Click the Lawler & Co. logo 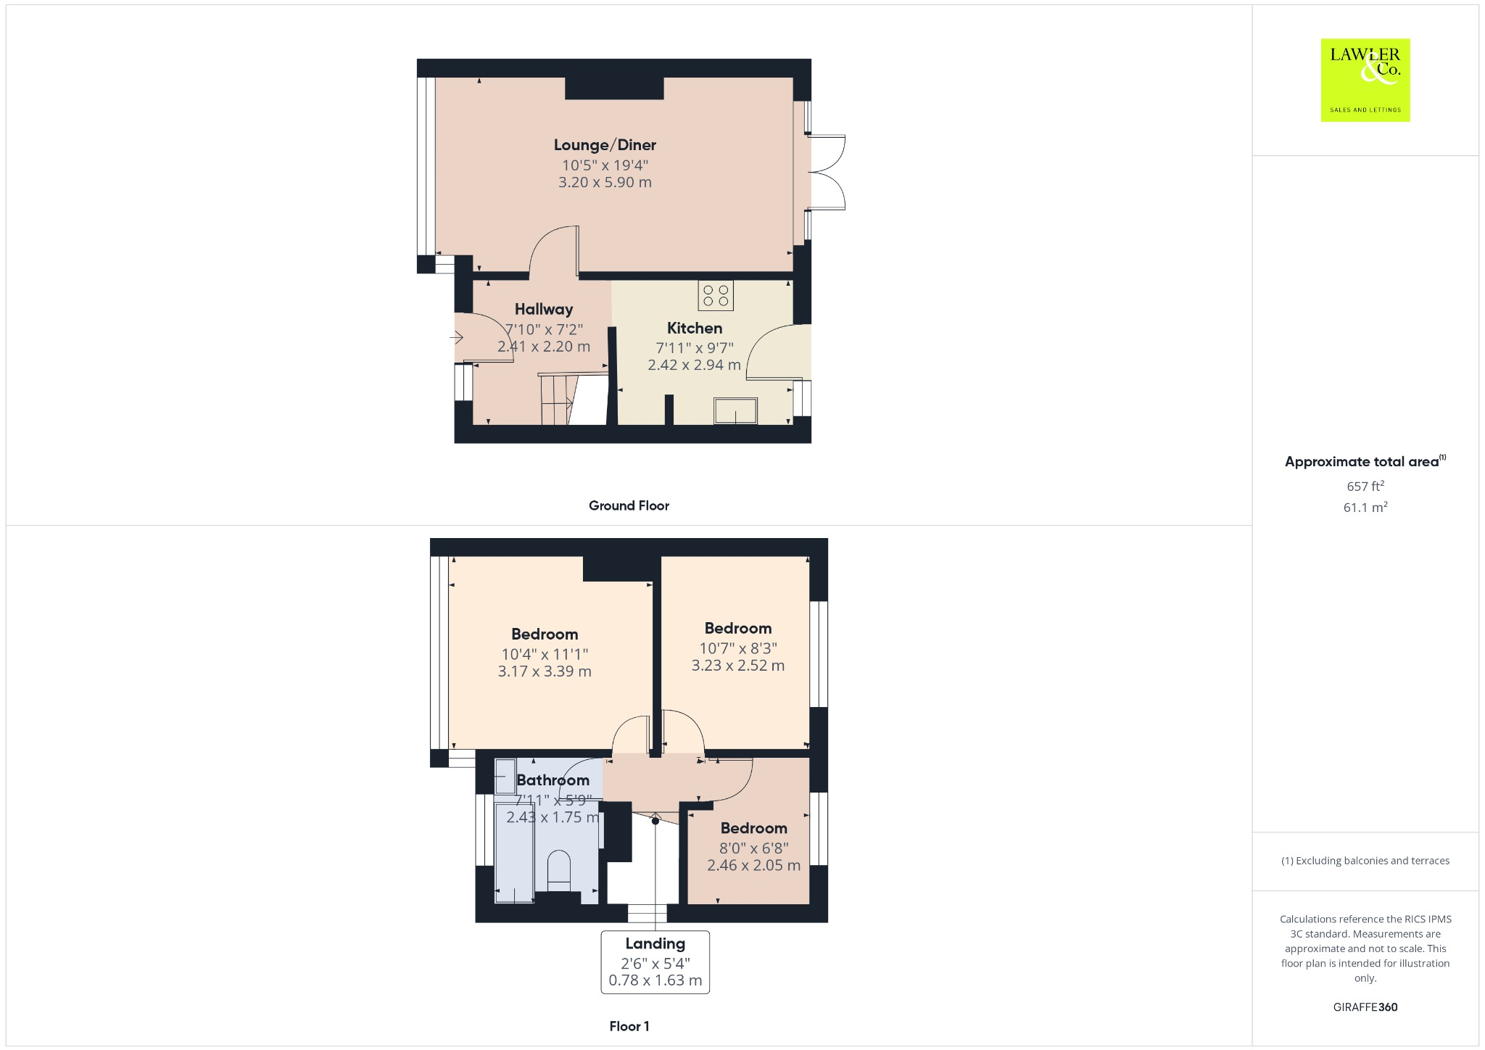tap(1365, 80)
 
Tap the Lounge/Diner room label tap(605, 145)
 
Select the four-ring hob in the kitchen tap(716, 296)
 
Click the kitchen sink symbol tap(735, 410)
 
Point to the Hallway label tap(544, 310)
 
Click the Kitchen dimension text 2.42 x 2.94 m tap(694, 365)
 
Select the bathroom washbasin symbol tap(505, 777)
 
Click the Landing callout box tap(655, 962)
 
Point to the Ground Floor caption tap(629, 506)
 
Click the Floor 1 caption tap(629, 1026)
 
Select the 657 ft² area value tap(1365, 486)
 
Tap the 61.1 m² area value tap(1365, 508)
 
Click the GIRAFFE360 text tap(1365, 1007)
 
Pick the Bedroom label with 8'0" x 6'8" tap(753, 828)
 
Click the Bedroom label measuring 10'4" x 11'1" tap(545, 634)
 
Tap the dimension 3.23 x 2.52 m tap(737, 666)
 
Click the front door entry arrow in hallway tap(457, 338)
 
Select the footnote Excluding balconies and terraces tap(1365, 861)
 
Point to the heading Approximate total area tap(1362, 462)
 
